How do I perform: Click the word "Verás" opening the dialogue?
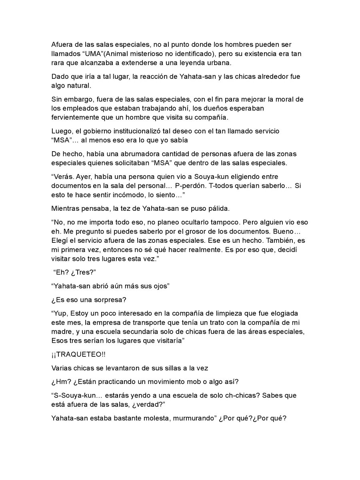point(64,176)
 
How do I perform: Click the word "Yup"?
point(62,313)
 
